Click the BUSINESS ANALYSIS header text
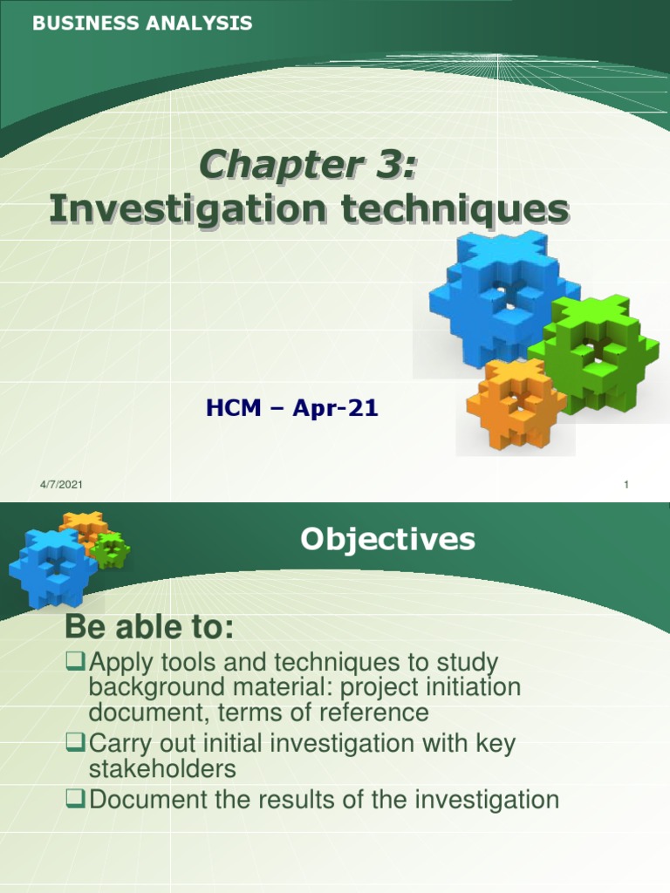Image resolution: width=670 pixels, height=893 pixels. (142, 24)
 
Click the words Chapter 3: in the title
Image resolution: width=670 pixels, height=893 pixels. (308, 166)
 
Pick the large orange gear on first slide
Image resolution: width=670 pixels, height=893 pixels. (516, 403)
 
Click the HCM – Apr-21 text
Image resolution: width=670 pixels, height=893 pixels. (291, 407)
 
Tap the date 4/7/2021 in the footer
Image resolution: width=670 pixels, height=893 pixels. (61, 485)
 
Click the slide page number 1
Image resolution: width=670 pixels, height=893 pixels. (626, 486)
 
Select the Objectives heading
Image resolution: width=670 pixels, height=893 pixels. (387, 539)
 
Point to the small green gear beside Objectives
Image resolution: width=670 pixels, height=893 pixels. (111, 550)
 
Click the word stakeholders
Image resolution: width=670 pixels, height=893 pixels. (162, 769)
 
